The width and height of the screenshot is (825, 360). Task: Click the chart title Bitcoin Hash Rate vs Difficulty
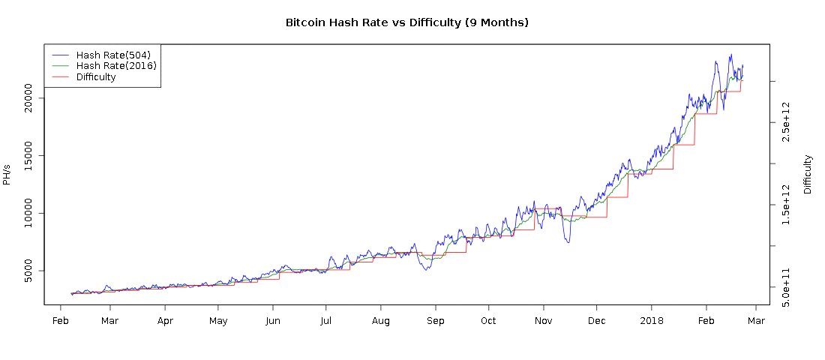tap(407, 22)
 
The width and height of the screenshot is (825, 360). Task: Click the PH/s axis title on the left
tap(7, 175)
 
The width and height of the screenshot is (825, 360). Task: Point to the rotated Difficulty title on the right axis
tap(808, 175)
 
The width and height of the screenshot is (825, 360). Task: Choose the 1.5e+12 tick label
tap(785, 205)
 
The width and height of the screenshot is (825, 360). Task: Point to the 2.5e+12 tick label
tap(785, 121)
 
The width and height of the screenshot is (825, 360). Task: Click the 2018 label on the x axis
tap(651, 322)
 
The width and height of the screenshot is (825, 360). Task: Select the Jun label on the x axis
tap(272, 322)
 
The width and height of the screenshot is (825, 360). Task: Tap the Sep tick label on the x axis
tap(435, 322)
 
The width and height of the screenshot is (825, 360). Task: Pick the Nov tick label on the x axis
tap(543, 322)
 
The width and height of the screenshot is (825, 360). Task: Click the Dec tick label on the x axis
tap(596, 322)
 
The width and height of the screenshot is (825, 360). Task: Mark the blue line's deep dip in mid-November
tap(568, 242)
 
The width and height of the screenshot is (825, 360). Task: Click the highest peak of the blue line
tap(730, 55)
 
